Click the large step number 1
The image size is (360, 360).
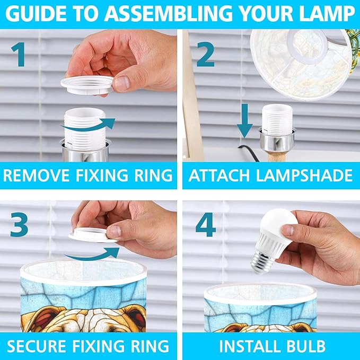tap(18, 55)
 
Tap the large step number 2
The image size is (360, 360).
tap(206, 55)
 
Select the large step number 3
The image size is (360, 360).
tap(19, 224)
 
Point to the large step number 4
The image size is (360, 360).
tap(206, 224)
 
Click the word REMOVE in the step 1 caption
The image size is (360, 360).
tap(36, 175)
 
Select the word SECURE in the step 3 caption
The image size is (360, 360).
tap(36, 346)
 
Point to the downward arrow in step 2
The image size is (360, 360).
tap(245, 121)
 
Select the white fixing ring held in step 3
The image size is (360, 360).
tap(92, 235)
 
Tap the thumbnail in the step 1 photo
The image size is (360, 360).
tap(121, 83)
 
